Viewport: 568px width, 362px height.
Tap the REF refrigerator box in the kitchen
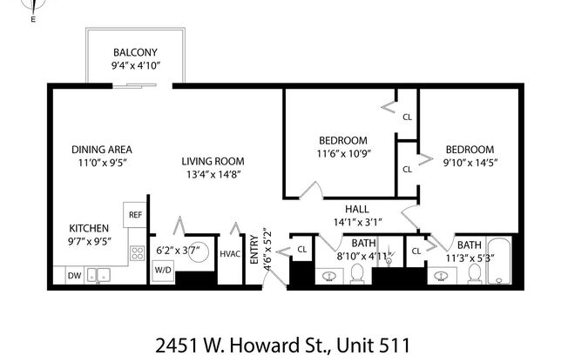[135, 214]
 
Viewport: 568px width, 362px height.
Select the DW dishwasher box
[74, 276]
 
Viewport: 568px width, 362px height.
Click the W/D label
[163, 270]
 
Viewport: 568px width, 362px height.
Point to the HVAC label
[230, 254]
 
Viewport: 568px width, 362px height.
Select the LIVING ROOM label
[213, 161]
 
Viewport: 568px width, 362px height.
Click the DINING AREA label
[102, 149]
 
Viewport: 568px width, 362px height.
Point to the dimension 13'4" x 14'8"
[213, 174]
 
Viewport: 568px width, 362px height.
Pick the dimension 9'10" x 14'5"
[470, 163]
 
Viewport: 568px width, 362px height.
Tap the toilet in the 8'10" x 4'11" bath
[357, 275]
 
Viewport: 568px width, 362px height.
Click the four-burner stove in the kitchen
[138, 253]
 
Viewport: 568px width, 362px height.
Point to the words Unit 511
[375, 343]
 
